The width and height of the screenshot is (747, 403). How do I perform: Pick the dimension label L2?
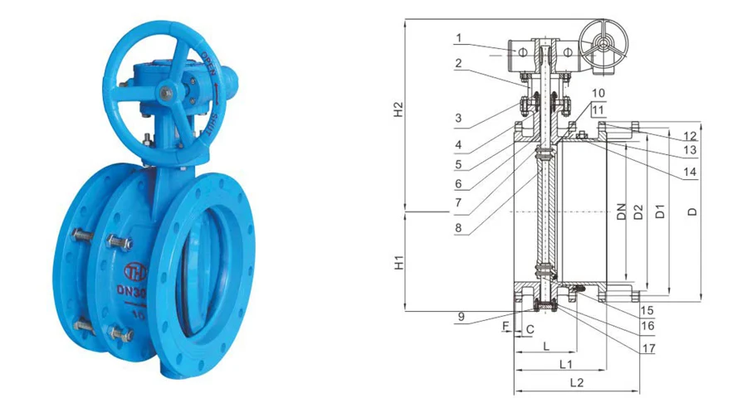coord(578,382)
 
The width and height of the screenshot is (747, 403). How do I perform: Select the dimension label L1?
coord(566,363)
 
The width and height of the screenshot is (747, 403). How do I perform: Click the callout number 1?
coord(457,37)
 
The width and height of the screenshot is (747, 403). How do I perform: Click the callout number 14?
coord(690,172)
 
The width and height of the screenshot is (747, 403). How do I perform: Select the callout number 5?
coord(457,164)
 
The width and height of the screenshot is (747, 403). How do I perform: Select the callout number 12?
coord(690,135)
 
